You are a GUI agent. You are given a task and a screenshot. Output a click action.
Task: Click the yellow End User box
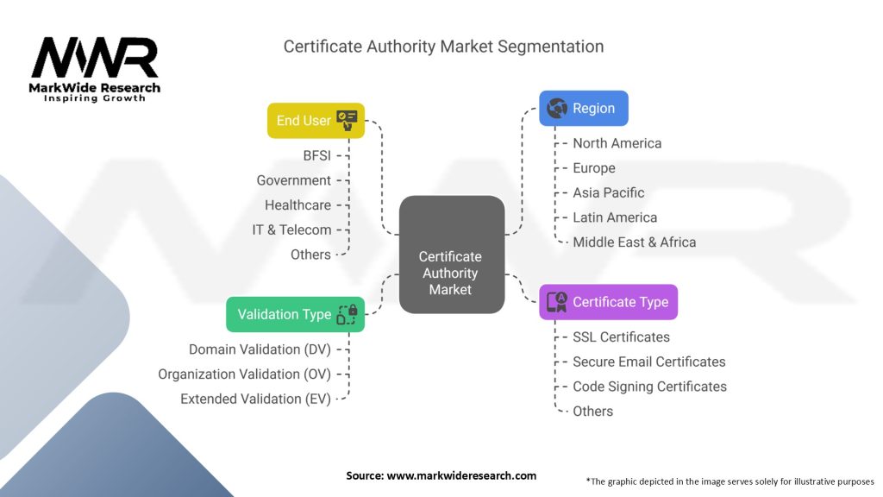(x=316, y=121)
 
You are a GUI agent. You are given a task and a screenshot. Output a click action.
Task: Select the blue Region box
(x=584, y=108)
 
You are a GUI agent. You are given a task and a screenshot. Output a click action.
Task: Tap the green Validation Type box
(x=295, y=314)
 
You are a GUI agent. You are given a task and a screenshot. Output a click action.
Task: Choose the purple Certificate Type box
(x=608, y=302)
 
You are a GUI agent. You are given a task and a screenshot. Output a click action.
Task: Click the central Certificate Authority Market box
(x=452, y=255)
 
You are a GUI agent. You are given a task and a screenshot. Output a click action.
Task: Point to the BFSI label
(x=317, y=155)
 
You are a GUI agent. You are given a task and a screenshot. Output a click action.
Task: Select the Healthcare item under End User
(x=297, y=205)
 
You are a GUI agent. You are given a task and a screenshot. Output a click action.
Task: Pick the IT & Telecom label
(x=291, y=230)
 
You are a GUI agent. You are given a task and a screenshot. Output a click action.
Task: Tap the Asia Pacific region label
(x=608, y=192)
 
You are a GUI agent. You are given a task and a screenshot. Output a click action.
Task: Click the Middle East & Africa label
(x=634, y=242)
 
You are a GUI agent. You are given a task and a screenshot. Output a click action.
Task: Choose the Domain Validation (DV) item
(x=260, y=349)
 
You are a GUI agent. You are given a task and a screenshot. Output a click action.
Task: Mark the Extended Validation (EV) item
(x=255, y=399)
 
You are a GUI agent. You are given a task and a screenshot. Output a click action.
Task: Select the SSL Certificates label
(x=621, y=337)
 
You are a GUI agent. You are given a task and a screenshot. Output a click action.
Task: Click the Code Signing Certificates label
(x=649, y=387)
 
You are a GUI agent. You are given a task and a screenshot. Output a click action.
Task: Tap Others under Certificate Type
(x=592, y=412)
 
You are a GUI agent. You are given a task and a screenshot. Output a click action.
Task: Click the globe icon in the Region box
(x=557, y=108)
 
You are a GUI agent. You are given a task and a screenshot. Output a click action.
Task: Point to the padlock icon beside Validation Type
(x=353, y=310)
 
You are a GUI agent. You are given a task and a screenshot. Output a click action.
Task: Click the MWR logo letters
(x=95, y=58)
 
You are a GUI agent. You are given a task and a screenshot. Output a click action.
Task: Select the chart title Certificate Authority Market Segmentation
(x=443, y=47)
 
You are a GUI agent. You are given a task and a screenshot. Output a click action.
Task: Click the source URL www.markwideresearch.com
(x=461, y=475)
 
